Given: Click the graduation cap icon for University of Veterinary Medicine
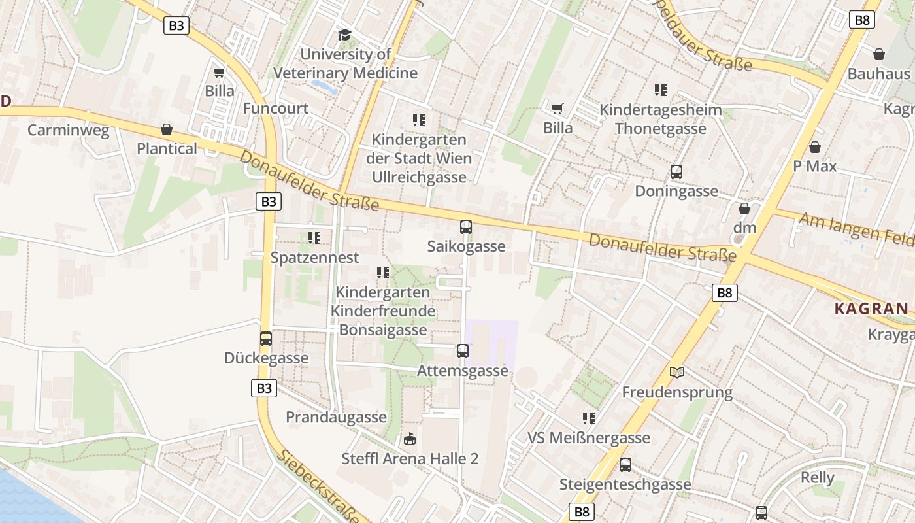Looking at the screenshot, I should pyautogui.click(x=344, y=35).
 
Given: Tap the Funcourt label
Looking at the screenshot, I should pyautogui.click(x=275, y=109).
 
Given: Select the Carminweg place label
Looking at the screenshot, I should pyautogui.click(x=68, y=130).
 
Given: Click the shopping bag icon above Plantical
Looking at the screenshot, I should pyautogui.click(x=167, y=130).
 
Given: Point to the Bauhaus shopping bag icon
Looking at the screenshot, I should pyautogui.click(x=879, y=54).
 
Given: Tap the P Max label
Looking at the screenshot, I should pyautogui.click(x=814, y=166).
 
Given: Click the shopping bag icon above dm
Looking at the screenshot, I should pyautogui.click(x=744, y=209).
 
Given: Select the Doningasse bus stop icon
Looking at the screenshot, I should pyautogui.click(x=676, y=172).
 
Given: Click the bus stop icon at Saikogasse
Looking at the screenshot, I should pyautogui.click(x=466, y=227).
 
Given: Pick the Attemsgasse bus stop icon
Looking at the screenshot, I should pyautogui.click(x=463, y=351).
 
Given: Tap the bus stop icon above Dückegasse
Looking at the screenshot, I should pyautogui.click(x=266, y=339).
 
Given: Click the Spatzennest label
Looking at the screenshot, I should pyautogui.click(x=315, y=258).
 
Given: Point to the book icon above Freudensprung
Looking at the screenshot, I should pyautogui.click(x=677, y=373).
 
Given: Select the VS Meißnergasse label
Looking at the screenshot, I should pyautogui.click(x=589, y=438).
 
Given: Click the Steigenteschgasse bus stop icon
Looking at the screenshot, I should pyautogui.click(x=625, y=465).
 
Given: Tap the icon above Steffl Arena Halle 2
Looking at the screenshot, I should pyautogui.click(x=410, y=439).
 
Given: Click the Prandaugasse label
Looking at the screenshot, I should pyautogui.click(x=336, y=417).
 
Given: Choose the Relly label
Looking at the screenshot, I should pyautogui.click(x=818, y=478).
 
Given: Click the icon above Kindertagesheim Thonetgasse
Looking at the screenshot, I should pyautogui.click(x=661, y=90).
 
